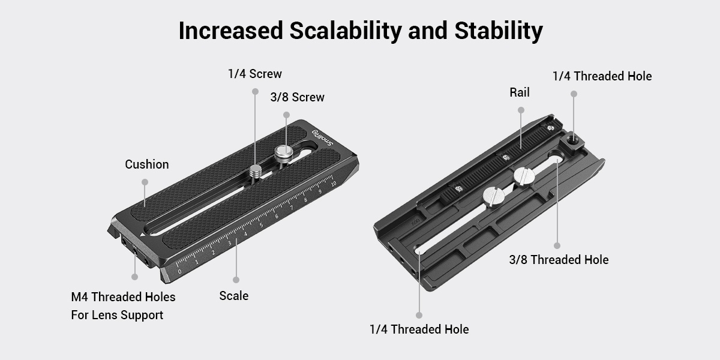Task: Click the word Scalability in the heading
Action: click(x=346, y=31)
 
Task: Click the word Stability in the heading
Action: click(x=499, y=31)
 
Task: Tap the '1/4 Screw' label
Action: click(x=255, y=74)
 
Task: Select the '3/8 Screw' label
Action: click(x=298, y=97)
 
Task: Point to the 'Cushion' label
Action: click(x=147, y=164)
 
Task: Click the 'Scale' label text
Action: click(x=233, y=296)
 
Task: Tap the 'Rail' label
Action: click(x=520, y=92)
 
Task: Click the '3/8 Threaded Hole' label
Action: click(x=559, y=259)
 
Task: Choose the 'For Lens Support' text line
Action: click(x=117, y=315)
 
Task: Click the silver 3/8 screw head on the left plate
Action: click(x=283, y=152)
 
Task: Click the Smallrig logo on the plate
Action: click(x=323, y=138)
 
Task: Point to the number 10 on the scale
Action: click(x=334, y=184)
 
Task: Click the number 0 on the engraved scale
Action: click(x=179, y=272)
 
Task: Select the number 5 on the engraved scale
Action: click(x=261, y=225)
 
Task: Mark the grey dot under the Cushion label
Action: click(x=145, y=182)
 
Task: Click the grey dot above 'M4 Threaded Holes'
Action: click(x=134, y=277)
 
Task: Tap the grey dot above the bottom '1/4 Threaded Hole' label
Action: click(x=419, y=315)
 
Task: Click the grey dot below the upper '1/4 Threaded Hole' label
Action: click(x=574, y=94)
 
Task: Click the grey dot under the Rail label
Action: click(x=521, y=110)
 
